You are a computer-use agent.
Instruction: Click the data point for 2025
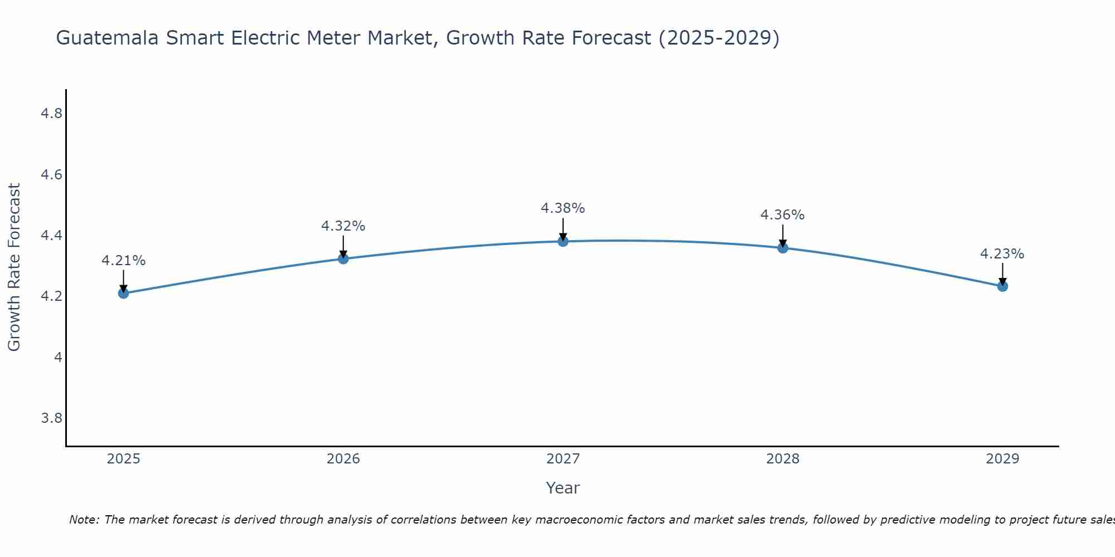[123, 293]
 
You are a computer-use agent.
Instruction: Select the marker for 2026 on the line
[343, 258]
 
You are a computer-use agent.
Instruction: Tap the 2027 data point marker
[563, 241]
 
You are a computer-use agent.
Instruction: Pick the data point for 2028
[783, 248]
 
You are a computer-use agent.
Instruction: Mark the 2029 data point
[1002, 286]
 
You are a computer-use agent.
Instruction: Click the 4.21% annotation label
[123, 261]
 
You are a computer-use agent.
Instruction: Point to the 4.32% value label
[343, 226]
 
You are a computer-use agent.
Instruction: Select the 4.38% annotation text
[563, 208]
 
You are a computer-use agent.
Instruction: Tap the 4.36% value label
[782, 215]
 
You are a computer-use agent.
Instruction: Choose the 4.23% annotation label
[1002, 254]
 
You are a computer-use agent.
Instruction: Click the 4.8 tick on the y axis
[51, 114]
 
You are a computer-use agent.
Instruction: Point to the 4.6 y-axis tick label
[51, 175]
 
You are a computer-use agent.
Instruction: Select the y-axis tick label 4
[58, 357]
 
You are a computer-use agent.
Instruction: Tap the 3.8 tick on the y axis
[51, 418]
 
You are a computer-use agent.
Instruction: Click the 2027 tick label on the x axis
[563, 459]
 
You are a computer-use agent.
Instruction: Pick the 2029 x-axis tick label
[1002, 459]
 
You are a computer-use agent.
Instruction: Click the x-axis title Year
[563, 488]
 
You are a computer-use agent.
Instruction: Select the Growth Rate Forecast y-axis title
[14, 267]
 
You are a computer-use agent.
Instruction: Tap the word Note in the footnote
[84, 520]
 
